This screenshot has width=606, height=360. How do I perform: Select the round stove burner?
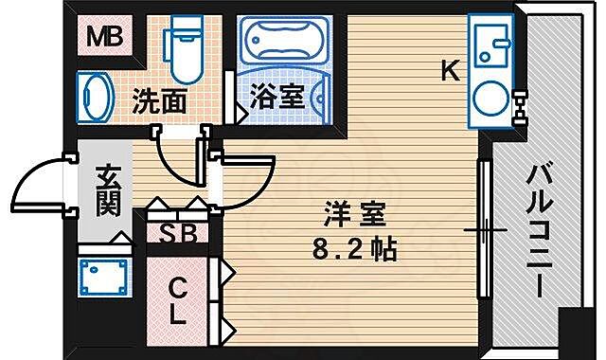click(491, 96)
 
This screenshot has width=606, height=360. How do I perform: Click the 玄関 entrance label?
click(106, 188)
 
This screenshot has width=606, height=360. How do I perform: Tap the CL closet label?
click(177, 301)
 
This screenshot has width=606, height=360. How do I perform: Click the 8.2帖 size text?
click(352, 251)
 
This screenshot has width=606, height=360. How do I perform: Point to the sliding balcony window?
click(482, 227)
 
